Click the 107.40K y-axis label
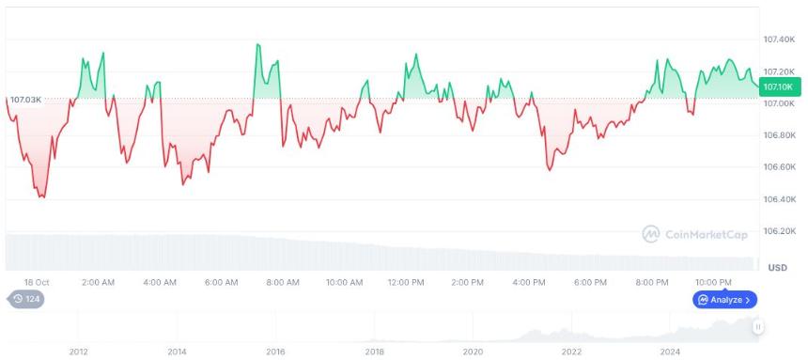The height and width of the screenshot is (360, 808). pyautogui.click(x=779, y=39)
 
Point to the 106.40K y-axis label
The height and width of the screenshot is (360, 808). pyautogui.click(x=779, y=199)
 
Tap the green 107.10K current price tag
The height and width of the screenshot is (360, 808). pyautogui.click(x=779, y=86)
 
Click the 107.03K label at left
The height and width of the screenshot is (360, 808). pyautogui.click(x=25, y=99)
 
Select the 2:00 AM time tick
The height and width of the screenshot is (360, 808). pyautogui.click(x=98, y=282)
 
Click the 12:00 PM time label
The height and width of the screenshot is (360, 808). pyautogui.click(x=405, y=282)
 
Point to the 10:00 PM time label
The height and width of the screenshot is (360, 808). pyautogui.click(x=713, y=282)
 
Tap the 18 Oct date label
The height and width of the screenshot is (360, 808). pyautogui.click(x=38, y=282)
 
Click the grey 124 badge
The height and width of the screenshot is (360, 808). pyautogui.click(x=26, y=300)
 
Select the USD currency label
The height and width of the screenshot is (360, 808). pyautogui.click(x=777, y=268)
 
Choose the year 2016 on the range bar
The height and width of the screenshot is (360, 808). pyautogui.click(x=275, y=352)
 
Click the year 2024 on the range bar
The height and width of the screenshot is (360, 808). pyautogui.click(x=670, y=352)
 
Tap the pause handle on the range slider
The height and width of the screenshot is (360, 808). pyautogui.click(x=757, y=327)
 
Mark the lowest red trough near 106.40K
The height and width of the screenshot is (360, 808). pyautogui.click(x=42, y=196)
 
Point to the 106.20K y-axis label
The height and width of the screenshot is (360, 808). pyautogui.click(x=779, y=231)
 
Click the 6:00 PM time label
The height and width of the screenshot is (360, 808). pyautogui.click(x=589, y=282)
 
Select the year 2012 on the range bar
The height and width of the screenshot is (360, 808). pyautogui.click(x=78, y=352)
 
